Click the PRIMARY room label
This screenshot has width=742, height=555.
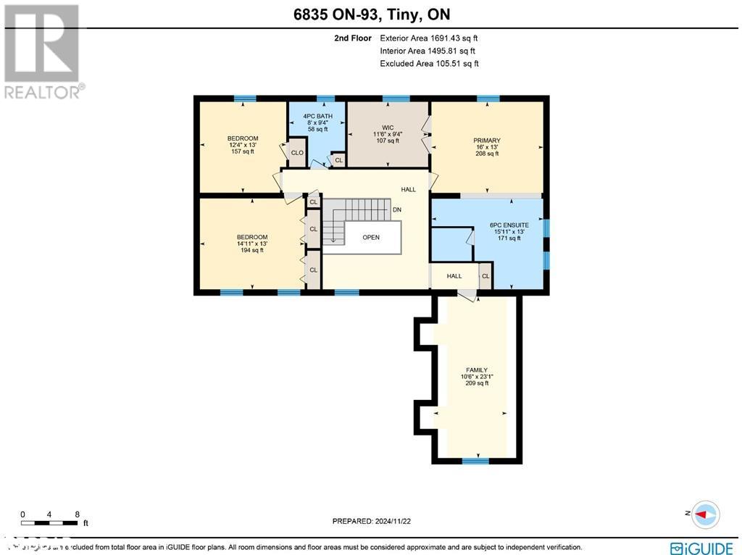pyautogui.click(x=487, y=141)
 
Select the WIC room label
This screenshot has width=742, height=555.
pyautogui.click(x=388, y=128)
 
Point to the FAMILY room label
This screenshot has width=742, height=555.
pyautogui.click(x=476, y=370)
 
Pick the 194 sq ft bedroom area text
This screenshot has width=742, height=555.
pyautogui.click(x=252, y=250)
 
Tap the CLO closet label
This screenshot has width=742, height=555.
pyautogui.click(x=297, y=153)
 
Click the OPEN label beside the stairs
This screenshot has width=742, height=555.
pyautogui.click(x=371, y=237)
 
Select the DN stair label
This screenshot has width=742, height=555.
pyautogui.click(x=397, y=210)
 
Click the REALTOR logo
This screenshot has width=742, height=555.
pyautogui.click(x=43, y=51)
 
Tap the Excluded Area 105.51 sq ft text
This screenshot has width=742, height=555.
pyautogui.click(x=429, y=64)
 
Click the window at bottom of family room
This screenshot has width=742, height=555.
pyautogui.click(x=475, y=461)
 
